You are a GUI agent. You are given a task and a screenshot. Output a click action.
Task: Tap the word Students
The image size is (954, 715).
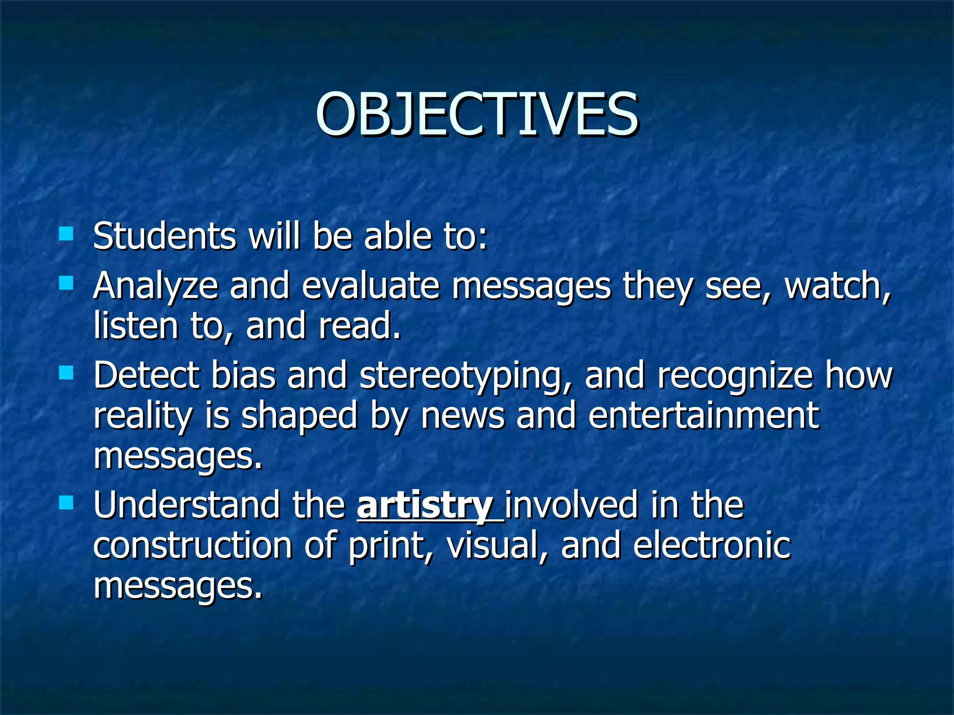(x=164, y=236)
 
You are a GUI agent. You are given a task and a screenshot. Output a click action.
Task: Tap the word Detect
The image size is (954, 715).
(x=146, y=375)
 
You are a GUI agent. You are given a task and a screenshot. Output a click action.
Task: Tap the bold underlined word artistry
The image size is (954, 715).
(x=425, y=506)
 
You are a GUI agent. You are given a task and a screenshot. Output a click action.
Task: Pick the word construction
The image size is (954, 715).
(x=192, y=545)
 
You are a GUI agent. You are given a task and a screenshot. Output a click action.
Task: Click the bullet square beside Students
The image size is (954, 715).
(x=66, y=233)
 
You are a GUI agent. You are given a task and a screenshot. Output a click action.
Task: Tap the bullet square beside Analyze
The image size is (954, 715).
(x=66, y=283)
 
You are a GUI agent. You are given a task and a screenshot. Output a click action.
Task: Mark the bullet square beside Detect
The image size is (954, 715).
(x=66, y=372)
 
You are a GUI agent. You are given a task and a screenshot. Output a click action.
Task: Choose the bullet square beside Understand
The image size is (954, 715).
(x=66, y=502)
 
